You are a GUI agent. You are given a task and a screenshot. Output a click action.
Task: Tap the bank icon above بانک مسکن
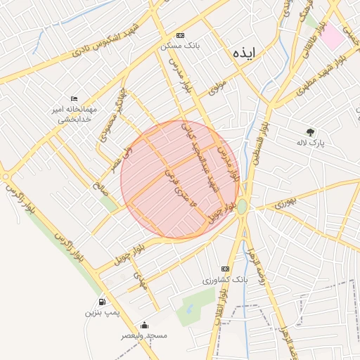click(x=181, y=35)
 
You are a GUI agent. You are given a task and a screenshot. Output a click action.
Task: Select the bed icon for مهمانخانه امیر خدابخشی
click(x=75, y=99)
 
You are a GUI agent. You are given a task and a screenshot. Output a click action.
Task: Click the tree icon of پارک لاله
click(x=310, y=131)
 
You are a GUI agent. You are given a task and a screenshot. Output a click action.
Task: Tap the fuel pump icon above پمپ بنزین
click(x=103, y=300)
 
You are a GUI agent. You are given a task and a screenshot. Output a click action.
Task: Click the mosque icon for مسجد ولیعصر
click(x=144, y=326)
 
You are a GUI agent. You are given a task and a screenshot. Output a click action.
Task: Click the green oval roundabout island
click(x=242, y=207)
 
